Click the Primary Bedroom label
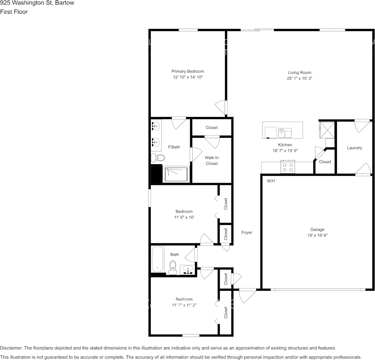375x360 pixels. click(187, 71)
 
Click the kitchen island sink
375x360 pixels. click(285, 132)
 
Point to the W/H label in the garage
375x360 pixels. click(271, 181)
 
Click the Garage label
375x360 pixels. click(317, 229)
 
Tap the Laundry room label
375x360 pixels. click(354, 148)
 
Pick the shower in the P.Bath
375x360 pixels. click(176, 175)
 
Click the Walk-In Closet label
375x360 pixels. click(212, 160)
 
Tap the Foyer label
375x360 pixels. click(247, 232)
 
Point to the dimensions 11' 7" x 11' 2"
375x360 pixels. click(184, 305)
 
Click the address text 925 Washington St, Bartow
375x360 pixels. click(37, 3)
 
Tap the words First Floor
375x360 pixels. click(14, 12)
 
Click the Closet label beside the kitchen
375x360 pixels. click(325, 162)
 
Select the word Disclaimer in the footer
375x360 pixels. click(11, 348)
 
